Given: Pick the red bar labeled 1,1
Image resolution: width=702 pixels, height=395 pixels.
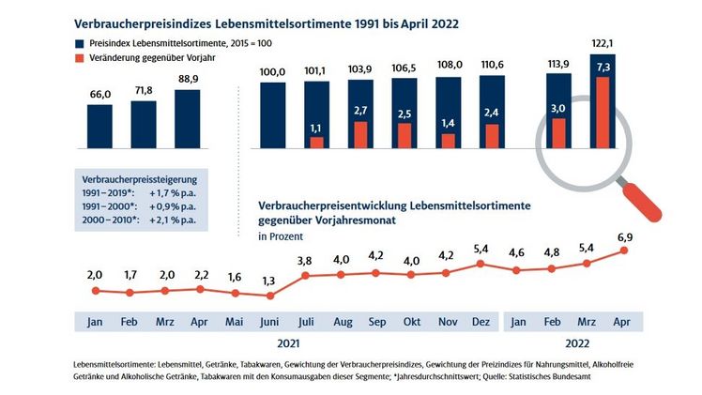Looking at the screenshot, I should (317, 143).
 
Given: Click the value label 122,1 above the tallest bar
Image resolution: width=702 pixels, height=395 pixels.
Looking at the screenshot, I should (600, 44).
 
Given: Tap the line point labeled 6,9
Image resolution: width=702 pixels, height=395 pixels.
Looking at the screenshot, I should (622, 250).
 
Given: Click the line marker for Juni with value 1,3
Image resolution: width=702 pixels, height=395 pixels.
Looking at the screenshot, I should (271, 295).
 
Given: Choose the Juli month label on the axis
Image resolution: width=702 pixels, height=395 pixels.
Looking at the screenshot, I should (306, 320).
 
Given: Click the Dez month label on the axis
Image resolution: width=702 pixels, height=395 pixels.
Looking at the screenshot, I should (481, 320).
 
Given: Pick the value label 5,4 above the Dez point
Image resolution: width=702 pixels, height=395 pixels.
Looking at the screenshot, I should (481, 251).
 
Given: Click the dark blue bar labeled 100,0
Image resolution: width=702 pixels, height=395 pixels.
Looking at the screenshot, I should (273, 115).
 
